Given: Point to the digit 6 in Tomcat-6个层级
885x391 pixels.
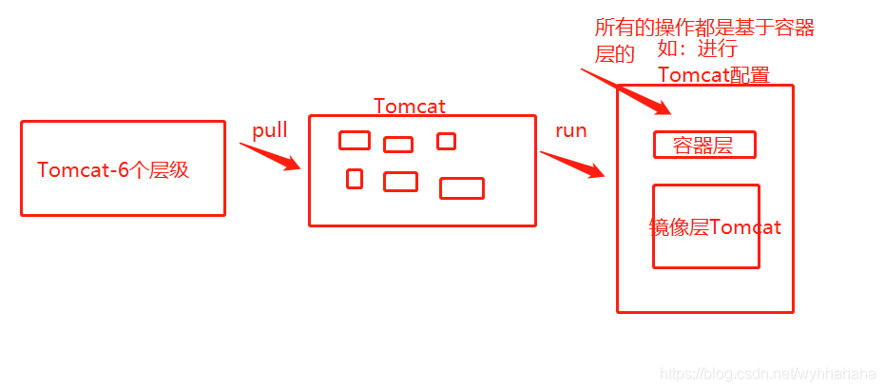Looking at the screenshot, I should point(124,170).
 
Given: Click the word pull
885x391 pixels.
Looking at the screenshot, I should point(270,130).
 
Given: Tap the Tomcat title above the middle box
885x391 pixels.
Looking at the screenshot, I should point(409,106).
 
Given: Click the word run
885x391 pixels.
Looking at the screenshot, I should point(570,130).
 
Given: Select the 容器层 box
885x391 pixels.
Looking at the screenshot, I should point(704,145).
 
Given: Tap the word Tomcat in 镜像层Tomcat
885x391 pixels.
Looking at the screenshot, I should point(744,227).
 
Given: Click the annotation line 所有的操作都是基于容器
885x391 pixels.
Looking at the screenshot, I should point(704,29).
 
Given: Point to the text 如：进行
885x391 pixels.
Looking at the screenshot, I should point(697,50).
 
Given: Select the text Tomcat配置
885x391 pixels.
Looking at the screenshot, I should point(713,75).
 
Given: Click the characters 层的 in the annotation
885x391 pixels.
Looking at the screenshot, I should point(614,54).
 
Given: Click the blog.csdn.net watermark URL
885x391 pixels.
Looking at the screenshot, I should point(766,375).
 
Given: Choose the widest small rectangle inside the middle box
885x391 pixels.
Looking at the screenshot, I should point(462,188).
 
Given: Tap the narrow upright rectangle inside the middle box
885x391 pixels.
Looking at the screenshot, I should point(355,178).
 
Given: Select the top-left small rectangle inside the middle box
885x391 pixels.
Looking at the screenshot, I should point(355,141).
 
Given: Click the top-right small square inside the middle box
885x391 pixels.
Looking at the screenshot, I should point(446,141).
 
